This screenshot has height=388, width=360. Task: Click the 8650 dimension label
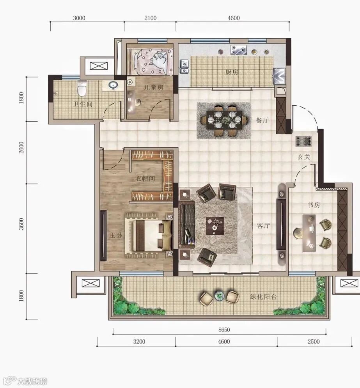pyautogui.click(x=224, y=330)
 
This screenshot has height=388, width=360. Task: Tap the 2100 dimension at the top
pyautogui.click(x=151, y=18)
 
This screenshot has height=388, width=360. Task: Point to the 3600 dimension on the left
pyautogui.click(x=21, y=224)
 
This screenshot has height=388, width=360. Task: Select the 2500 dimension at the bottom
pyautogui.click(x=314, y=342)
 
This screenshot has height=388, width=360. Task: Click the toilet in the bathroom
pyautogui.click(x=82, y=88)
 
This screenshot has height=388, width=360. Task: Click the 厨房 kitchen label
pyautogui.click(x=232, y=72)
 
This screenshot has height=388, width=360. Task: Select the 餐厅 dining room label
pyautogui.click(x=262, y=120)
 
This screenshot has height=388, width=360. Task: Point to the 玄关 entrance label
pyautogui.click(x=304, y=157)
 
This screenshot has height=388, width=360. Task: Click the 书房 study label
pyautogui.click(x=314, y=205)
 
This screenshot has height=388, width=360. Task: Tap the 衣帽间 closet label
pyautogui.click(x=145, y=178)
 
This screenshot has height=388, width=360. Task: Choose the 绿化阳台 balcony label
pyautogui.click(x=263, y=296)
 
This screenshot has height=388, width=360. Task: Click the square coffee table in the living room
pyautogui.click(x=215, y=226)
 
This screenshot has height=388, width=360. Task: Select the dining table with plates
pyautogui.click(x=224, y=120)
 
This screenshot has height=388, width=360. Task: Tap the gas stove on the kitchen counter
pyautogui.click(x=239, y=50)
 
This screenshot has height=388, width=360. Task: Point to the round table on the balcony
pyautogui.click(x=220, y=295)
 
